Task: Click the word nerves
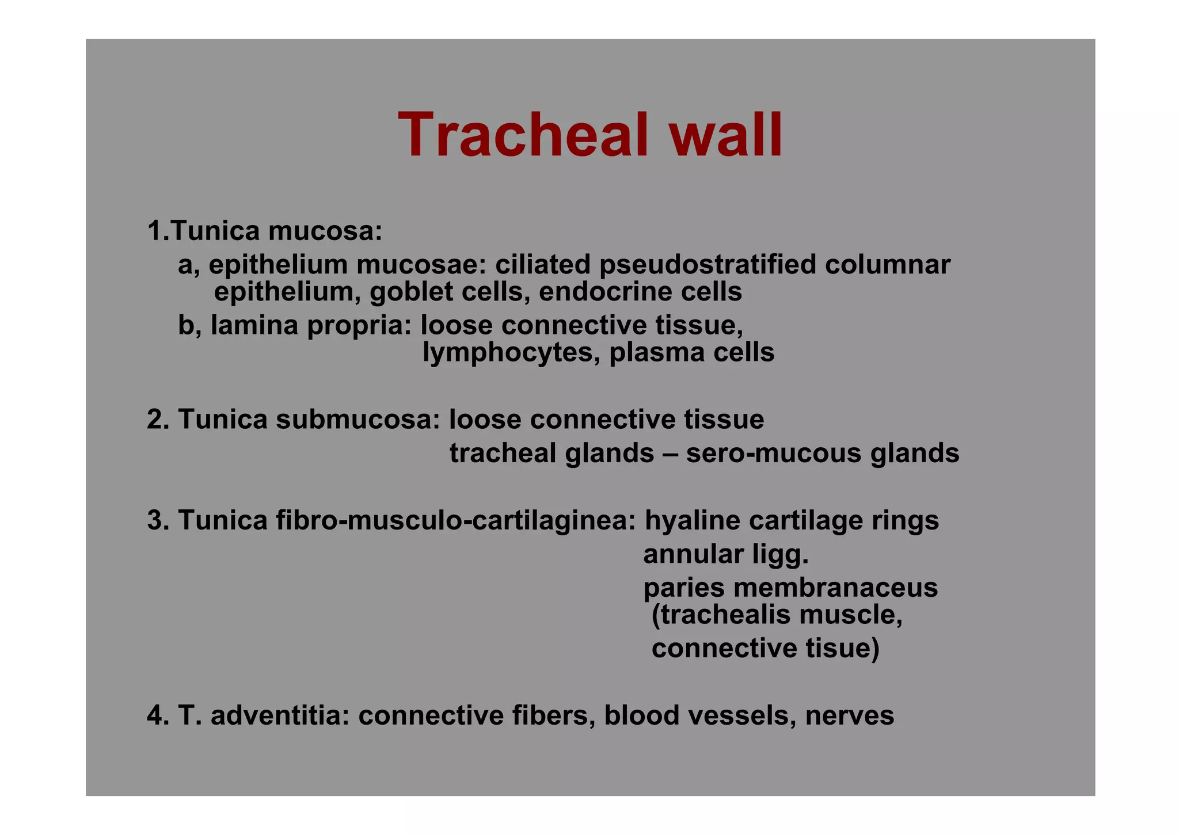(x=850, y=716)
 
